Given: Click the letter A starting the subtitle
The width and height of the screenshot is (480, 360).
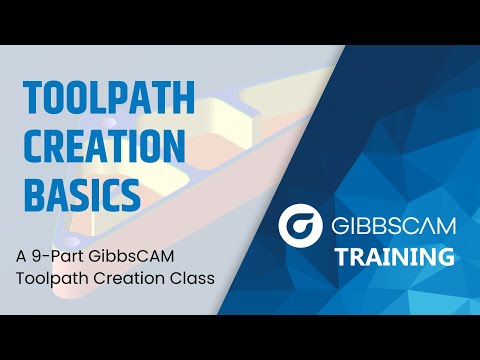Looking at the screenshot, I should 21,255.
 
